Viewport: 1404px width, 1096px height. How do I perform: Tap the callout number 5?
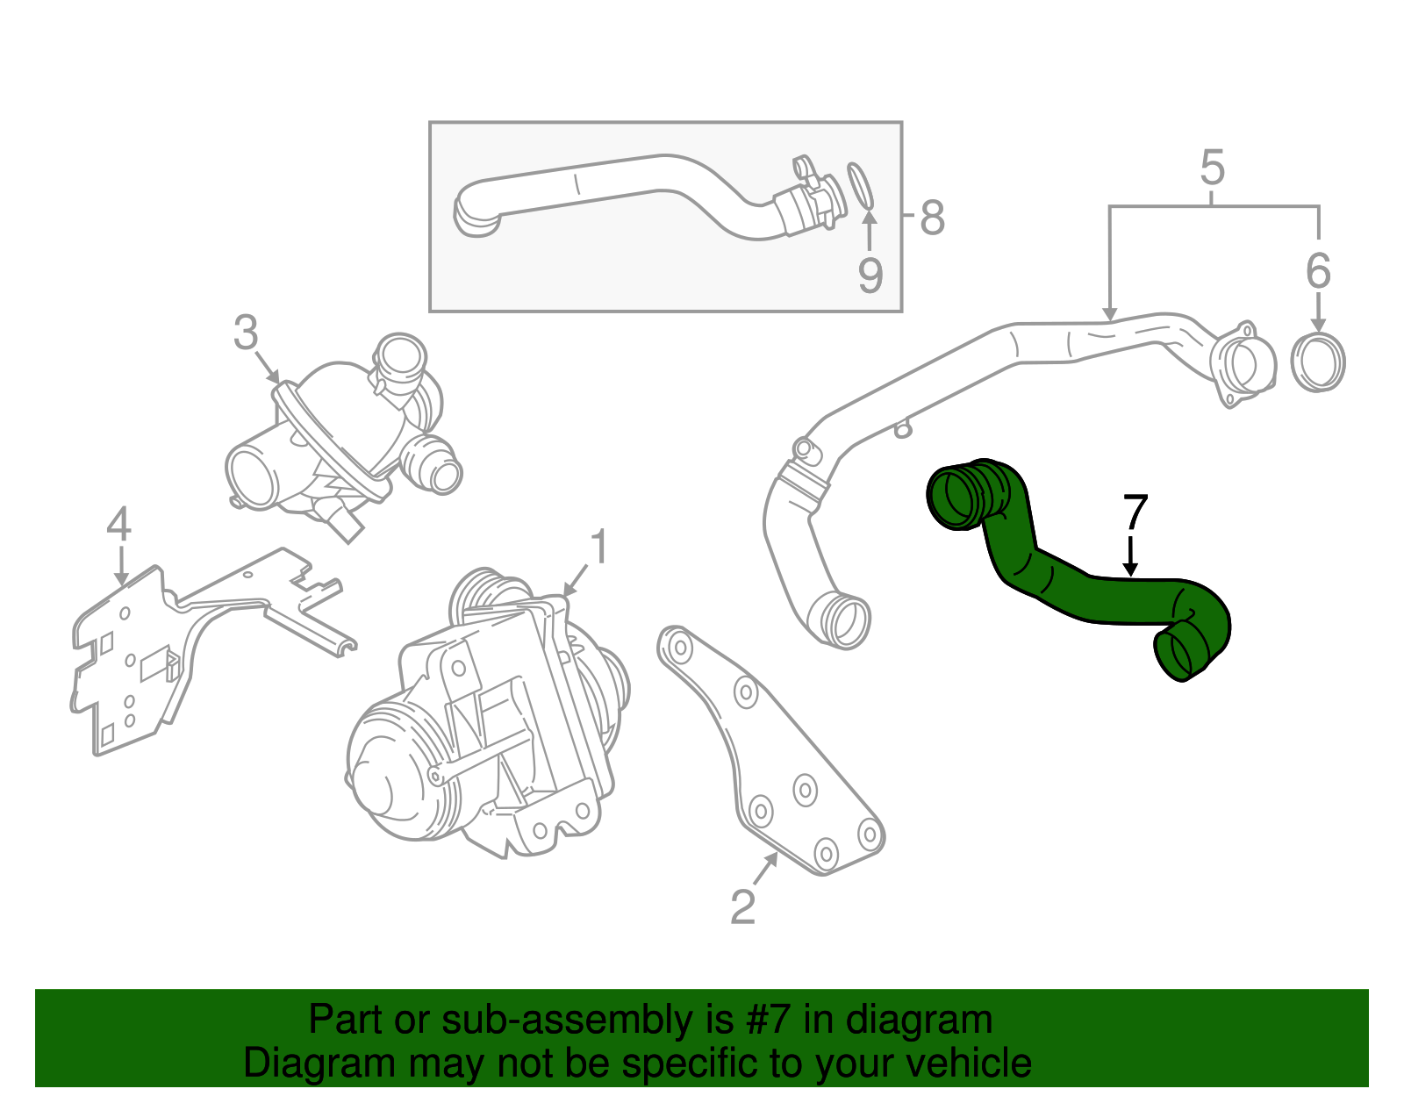[x=1212, y=167]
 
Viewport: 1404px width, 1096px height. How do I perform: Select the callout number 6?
[x=1318, y=270]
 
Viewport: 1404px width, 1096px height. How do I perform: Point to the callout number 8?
[x=932, y=217]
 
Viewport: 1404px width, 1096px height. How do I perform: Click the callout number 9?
[x=870, y=275]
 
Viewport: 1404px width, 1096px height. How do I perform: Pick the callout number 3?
[x=247, y=333]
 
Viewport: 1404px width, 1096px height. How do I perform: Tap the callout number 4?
[x=118, y=524]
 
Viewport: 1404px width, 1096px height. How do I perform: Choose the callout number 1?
[x=598, y=548]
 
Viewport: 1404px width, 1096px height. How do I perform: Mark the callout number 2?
[x=742, y=906]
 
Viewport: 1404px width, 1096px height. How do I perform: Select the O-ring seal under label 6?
[x=1319, y=362]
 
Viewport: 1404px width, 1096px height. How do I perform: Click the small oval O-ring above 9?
[x=861, y=186]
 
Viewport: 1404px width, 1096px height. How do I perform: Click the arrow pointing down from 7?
[x=1132, y=557]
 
